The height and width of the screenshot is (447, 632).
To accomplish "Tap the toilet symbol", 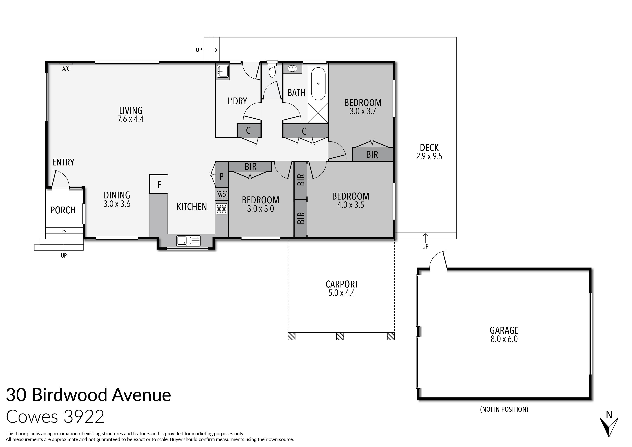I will coord(272,70).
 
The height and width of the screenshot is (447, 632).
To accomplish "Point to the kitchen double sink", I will coord(188,241).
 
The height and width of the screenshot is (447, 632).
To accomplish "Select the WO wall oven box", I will coord(222,195).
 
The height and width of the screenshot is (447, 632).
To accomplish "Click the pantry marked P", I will coord(221,176).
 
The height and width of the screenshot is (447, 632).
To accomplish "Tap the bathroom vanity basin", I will coord(292,68).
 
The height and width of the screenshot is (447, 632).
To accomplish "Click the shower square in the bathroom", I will coord(318,113).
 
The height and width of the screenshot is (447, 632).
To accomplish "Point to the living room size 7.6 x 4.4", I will coord(131,119).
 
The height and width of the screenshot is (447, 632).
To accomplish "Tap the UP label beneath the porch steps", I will coord(64,256).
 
